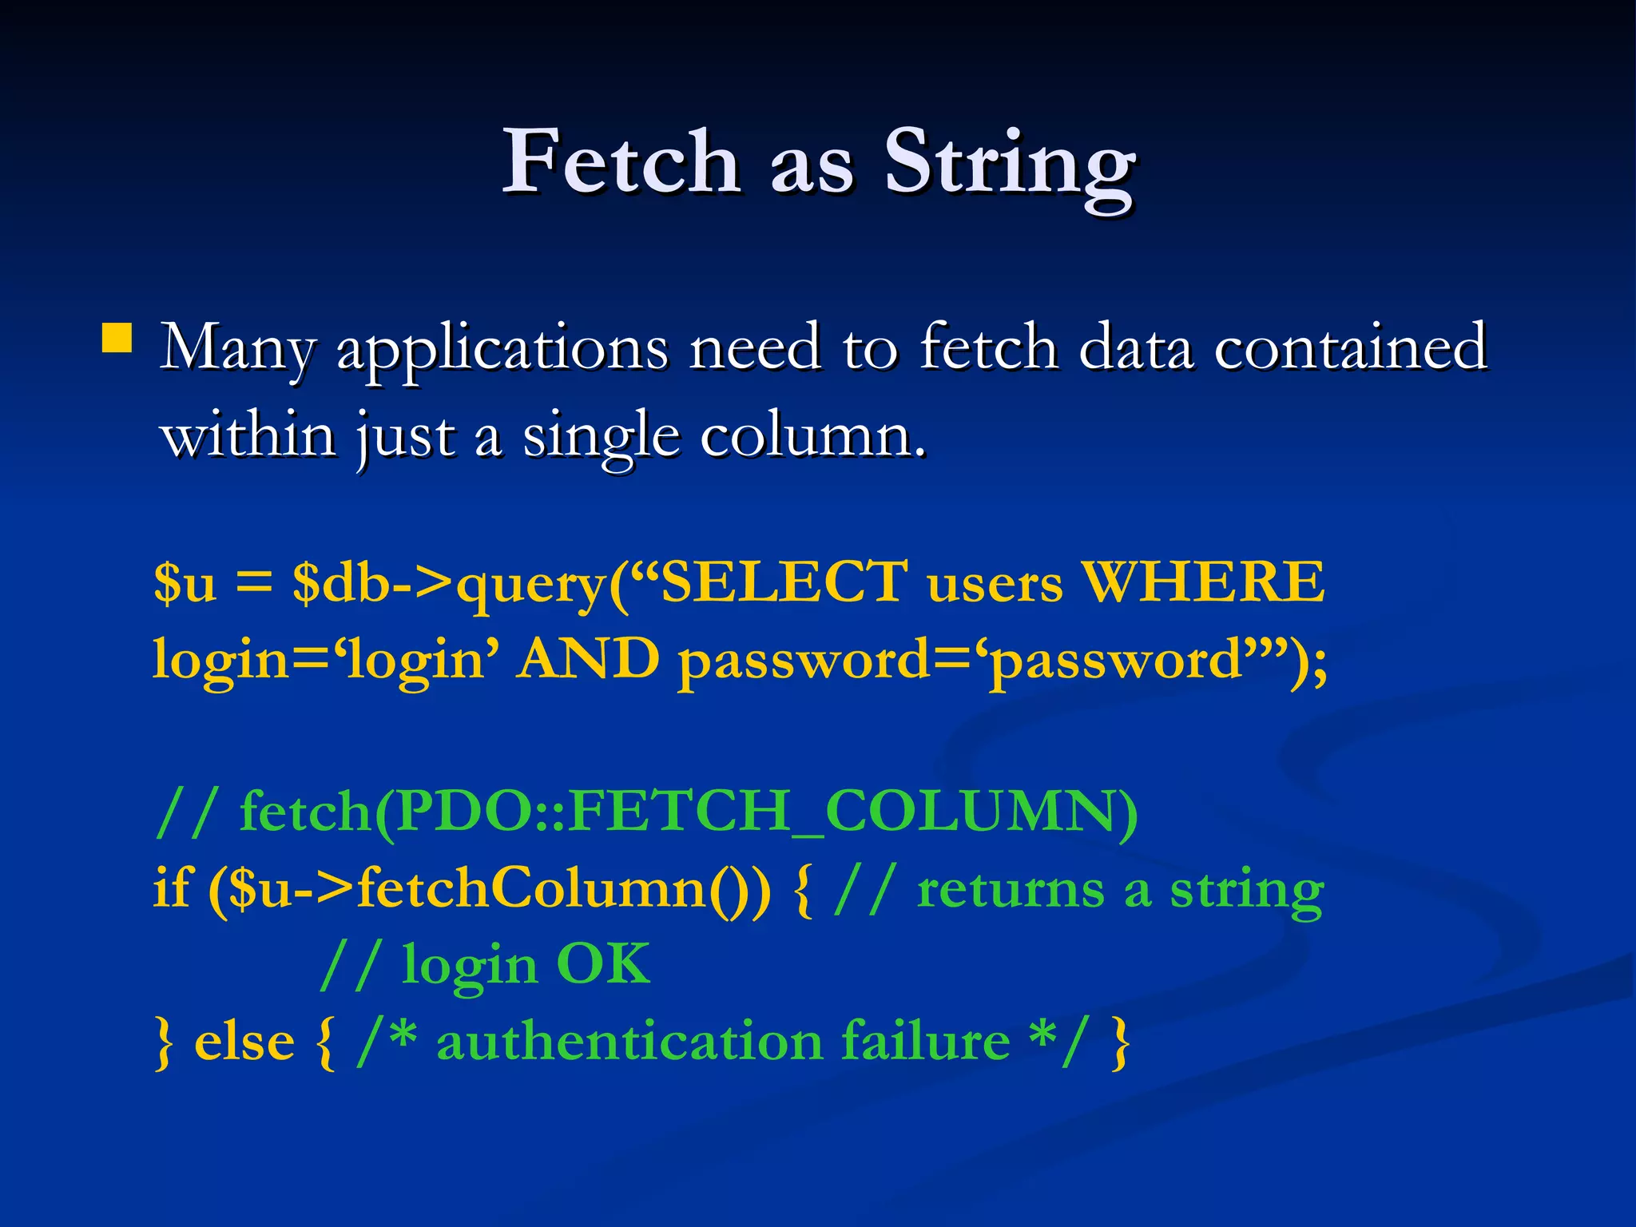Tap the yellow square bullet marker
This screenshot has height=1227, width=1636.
coord(117,337)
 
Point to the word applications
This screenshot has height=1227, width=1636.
coord(502,350)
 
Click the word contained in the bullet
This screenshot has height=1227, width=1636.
coord(1350,347)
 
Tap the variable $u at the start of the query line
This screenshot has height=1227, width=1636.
coord(185,582)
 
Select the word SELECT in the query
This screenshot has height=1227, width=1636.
coord(784,582)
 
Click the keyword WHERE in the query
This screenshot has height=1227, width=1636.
coord(1203,582)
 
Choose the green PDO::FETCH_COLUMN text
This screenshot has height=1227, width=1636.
coord(767,812)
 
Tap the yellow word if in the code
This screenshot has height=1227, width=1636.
coord(171,887)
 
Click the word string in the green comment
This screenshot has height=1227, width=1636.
coord(1247,891)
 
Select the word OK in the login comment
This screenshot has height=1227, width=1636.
coord(602,964)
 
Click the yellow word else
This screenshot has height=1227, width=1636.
coord(244,1042)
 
